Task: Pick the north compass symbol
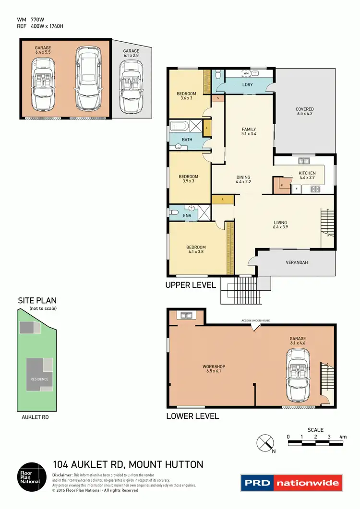coord(264,442)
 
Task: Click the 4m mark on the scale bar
coord(343,437)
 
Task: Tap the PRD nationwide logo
coord(291,483)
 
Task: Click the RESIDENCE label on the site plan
coord(39,379)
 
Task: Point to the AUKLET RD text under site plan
coord(36,417)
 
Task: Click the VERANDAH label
coord(297,262)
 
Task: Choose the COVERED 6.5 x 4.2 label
coord(305,112)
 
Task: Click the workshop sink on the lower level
coord(185,315)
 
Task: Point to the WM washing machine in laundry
coord(246,73)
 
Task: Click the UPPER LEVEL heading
coord(191,285)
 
